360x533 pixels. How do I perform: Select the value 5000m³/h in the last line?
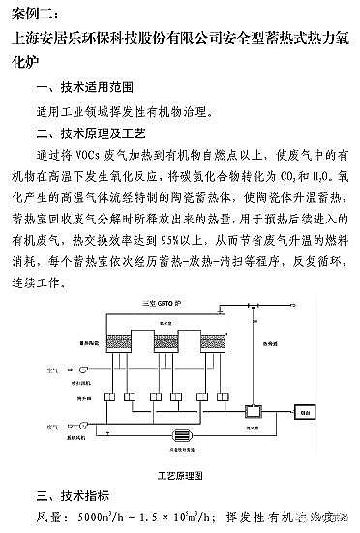pyautogui.click(x=103, y=517)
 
